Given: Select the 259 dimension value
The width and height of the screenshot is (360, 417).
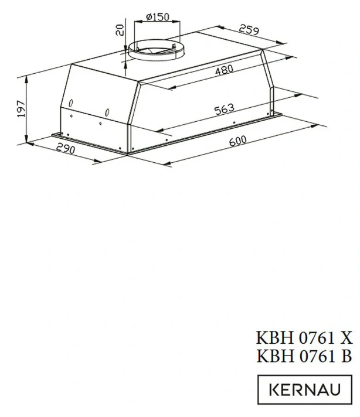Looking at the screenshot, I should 249,31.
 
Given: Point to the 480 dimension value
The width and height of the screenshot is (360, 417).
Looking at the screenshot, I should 223,70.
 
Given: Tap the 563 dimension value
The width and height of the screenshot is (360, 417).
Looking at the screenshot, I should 224,109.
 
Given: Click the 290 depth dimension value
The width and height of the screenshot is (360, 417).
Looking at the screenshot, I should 66,150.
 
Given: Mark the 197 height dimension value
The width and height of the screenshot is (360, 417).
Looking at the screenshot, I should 22,109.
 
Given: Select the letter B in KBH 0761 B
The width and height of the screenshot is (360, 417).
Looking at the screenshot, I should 346,355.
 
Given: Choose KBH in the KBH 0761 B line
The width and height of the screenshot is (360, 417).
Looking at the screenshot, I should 271,355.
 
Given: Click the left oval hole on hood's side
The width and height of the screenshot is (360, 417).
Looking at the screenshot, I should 70,104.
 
